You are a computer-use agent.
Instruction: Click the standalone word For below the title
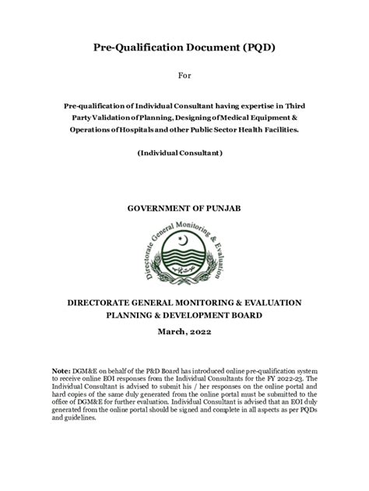[184, 76]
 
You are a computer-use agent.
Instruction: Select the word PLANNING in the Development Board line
[135, 316]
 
